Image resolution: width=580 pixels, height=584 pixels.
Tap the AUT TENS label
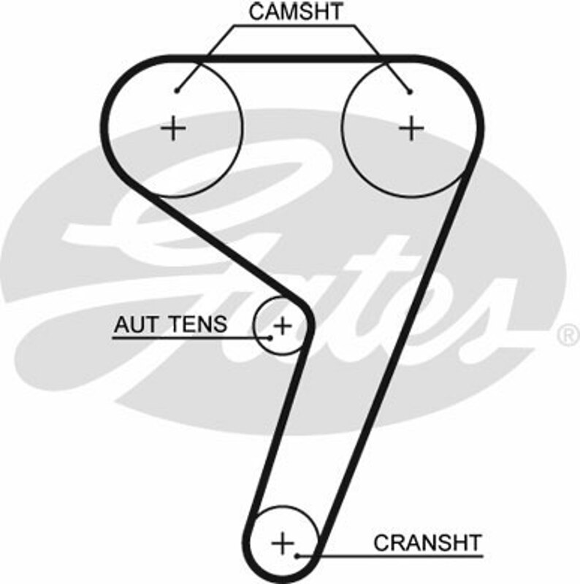(x=170, y=323)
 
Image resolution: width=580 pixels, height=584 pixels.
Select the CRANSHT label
(x=427, y=543)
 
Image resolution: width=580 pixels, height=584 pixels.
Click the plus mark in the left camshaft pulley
(x=174, y=128)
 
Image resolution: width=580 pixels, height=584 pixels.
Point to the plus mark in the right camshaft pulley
(x=412, y=128)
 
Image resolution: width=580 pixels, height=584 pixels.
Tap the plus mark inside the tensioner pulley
(x=283, y=324)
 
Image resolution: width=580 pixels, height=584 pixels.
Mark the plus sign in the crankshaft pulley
(x=282, y=542)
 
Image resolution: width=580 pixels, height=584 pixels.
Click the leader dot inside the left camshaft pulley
(x=177, y=91)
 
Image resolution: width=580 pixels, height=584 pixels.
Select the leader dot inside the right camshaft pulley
(x=410, y=91)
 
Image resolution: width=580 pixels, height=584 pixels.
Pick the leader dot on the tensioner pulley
(x=270, y=337)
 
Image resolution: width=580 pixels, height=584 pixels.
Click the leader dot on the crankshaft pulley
(x=299, y=556)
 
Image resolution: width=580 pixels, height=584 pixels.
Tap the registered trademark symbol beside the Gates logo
(x=567, y=335)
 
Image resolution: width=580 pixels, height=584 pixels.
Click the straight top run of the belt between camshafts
(x=292, y=58)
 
